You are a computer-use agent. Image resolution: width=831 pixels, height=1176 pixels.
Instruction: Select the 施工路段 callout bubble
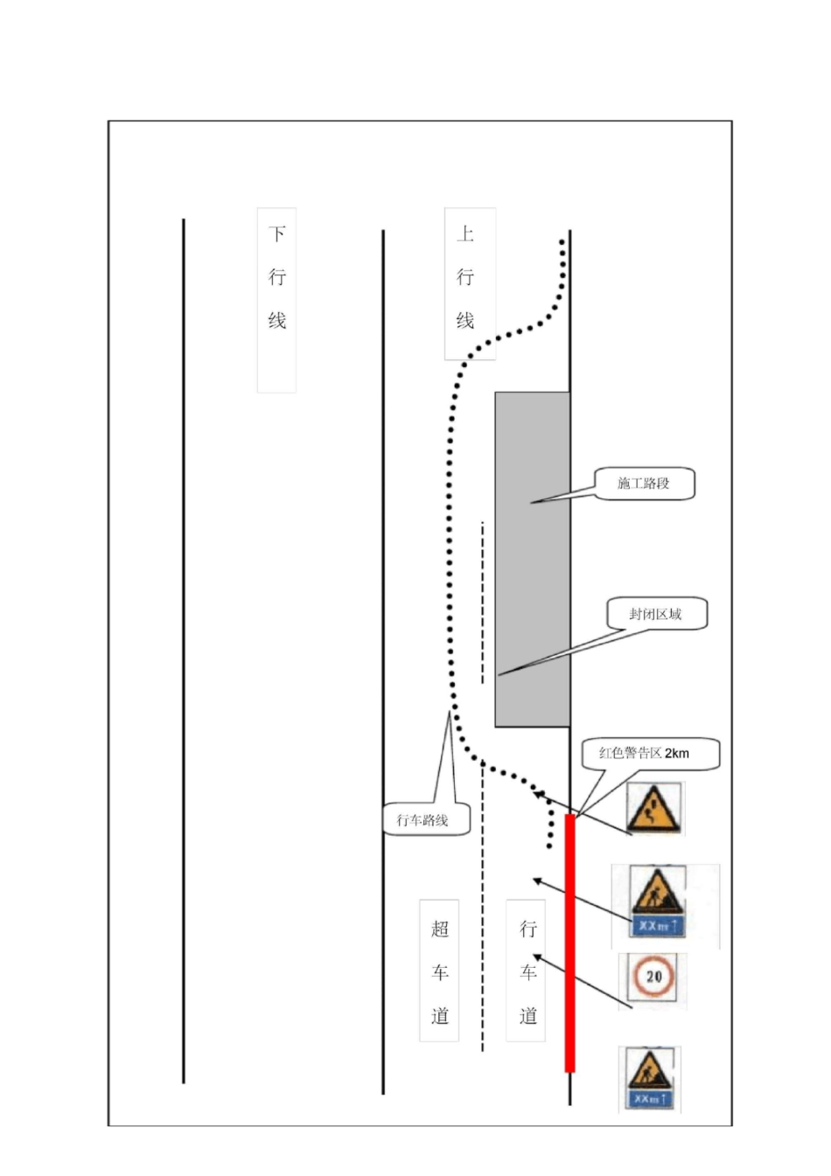645,484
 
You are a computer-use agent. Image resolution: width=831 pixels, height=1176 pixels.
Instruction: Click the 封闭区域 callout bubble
656,614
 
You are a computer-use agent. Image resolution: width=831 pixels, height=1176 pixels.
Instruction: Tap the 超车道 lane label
439,971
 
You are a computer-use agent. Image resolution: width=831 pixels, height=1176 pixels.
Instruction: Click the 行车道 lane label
527,971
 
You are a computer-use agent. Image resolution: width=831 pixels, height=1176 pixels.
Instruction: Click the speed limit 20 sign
653,977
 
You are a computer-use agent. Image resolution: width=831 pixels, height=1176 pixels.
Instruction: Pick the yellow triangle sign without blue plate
653,808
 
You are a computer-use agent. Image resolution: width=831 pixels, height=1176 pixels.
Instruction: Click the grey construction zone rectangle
532,560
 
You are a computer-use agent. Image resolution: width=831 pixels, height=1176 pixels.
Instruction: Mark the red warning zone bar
569,943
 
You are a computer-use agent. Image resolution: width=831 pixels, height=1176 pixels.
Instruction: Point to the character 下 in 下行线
277,234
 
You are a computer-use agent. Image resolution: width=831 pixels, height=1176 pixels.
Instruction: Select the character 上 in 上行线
465,234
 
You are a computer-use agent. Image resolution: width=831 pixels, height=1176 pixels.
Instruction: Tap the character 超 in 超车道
439,929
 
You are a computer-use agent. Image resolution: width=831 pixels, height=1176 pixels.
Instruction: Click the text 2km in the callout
677,753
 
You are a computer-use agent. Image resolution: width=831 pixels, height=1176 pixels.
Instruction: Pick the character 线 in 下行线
277,321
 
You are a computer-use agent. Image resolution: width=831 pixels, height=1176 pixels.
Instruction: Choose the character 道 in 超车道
439,1016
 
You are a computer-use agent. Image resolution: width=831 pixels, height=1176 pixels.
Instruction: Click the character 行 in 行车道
527,929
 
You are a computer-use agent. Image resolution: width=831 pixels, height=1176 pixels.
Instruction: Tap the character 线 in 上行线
465,321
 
